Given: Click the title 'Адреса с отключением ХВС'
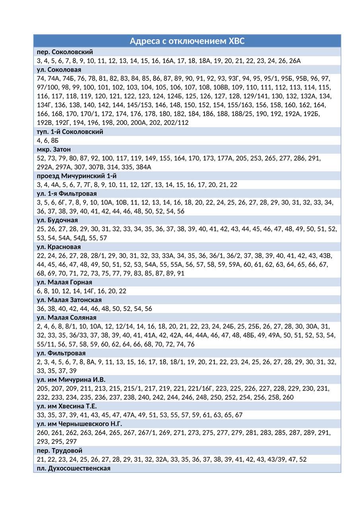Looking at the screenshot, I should pyautogui.click(x=187, y=41).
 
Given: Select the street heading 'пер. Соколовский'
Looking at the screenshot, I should pyautogui.click(x=65, y=52).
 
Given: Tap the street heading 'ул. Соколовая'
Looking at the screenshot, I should pyautogui.click(x=59, y=70).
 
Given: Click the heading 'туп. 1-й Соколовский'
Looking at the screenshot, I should pyautogui.click(x=70, y=132).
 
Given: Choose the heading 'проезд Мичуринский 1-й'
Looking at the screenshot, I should pyautogui.click(x=77, y=176).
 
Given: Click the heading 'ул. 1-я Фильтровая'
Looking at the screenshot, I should pyautogui.click(x=67, y=194).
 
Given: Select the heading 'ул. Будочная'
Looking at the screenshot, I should pyautogui.click(x=57, y=220).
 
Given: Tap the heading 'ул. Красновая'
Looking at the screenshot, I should pyautogui.click(x=59, y=247).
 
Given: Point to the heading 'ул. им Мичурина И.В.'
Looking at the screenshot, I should pyautogui.click(x=71, y=380).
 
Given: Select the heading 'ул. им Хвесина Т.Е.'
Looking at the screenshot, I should pyautogui.click(x=67, y=406).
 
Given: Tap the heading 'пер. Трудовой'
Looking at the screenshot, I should pyautogui.click(x=60, y=451).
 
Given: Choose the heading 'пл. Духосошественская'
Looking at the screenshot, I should pyautogui.click(x=74, y=468).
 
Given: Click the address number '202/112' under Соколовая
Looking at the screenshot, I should pyautogui.click(x=176, y=123).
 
